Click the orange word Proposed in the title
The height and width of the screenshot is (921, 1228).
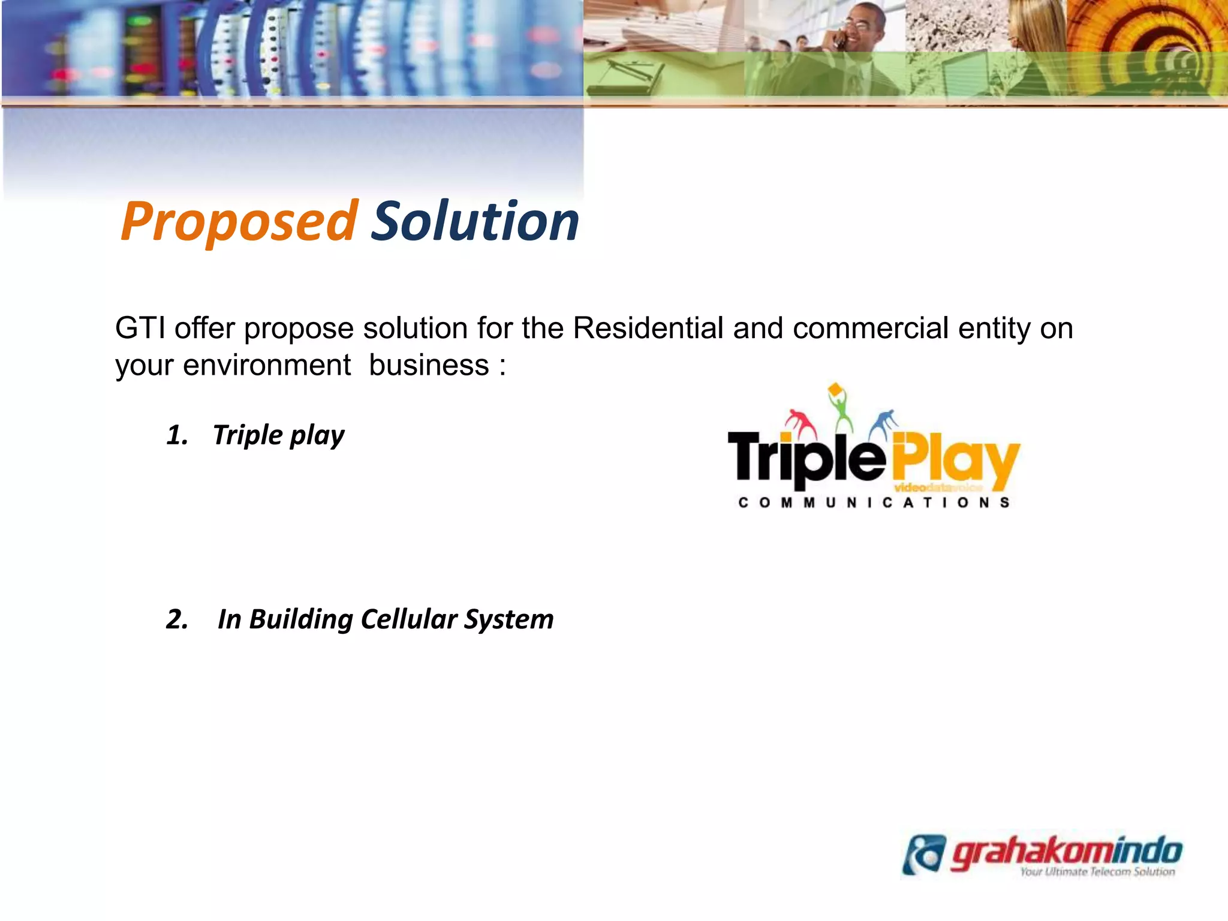click(239, 222)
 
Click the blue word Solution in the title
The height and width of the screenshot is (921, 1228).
click(475, 222)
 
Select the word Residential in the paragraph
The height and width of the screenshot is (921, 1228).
click(648, 329)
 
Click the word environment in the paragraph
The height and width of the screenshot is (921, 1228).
click(266, 365)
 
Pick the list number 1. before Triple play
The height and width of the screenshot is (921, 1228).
click(177, 435)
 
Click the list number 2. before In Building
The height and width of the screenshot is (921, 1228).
click(177, 619)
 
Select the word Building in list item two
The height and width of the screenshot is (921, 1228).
click(300, 619)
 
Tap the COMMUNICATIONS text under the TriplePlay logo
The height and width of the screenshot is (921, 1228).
click(874, 502)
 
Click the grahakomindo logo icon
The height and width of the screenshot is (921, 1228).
click(924, 854)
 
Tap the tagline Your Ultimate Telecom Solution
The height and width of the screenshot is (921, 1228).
click(1097, 872)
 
